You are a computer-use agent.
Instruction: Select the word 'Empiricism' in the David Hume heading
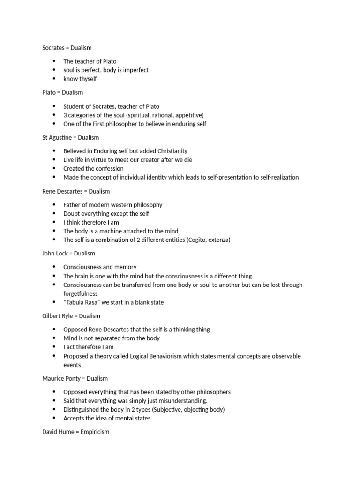tap(94, 431)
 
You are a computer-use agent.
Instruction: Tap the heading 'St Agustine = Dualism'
tap(70, 137)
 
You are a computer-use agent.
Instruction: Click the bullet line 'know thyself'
tap(80, 79)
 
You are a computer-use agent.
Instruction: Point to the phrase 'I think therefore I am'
tap(91, 222)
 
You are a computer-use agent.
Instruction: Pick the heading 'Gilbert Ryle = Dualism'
tap(71, 316)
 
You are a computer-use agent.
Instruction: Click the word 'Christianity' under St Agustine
tap(172, 151)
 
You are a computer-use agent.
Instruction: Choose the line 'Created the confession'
tap(94, 168)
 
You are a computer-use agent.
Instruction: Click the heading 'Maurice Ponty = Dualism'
tap(75, 378)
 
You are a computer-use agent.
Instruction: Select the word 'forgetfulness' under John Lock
tap(81, 293)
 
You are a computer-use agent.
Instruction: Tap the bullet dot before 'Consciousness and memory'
tap(54, 267)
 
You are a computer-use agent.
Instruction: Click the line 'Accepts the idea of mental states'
tap(107, 418)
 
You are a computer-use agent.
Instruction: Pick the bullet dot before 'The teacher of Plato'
tap(54, 61)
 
